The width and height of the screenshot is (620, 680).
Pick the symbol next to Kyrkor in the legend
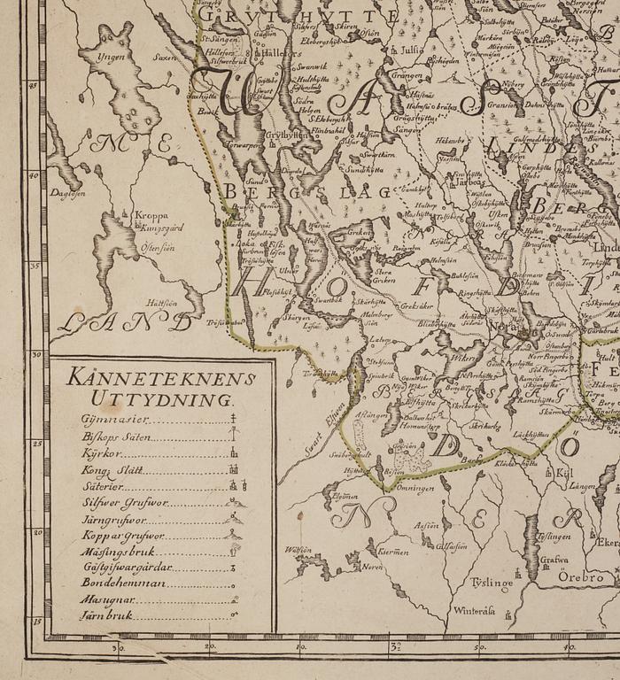[235, 453]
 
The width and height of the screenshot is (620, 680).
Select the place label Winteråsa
[476, 610]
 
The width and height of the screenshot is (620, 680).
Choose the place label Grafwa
[554, 560]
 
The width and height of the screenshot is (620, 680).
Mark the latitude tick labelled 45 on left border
[34, 85]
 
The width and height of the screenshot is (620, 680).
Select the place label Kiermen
[392, 551]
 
